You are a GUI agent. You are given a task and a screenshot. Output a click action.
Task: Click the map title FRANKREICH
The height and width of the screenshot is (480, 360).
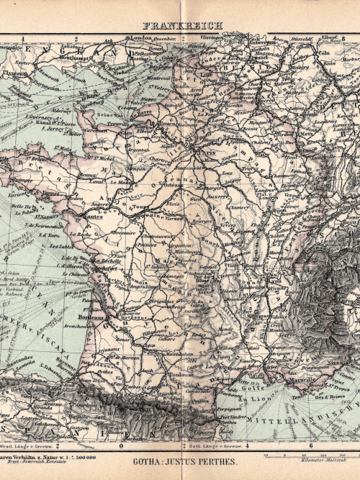click(x=182, y=25)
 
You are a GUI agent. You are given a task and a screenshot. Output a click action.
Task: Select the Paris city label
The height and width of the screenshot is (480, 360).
click(x=209, y=153)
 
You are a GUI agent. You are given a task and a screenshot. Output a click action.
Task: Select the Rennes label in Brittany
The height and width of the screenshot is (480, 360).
click(x=89, y=173)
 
